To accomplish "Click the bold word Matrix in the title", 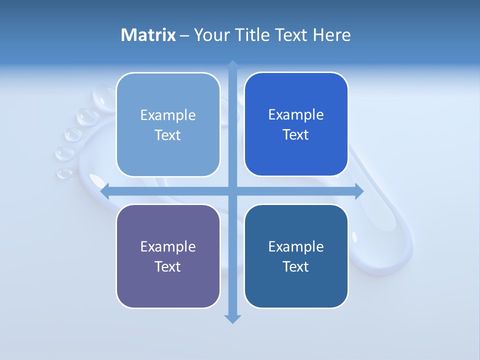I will (148, 35).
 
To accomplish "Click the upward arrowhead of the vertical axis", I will (232, 65).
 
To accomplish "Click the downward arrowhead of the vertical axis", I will (232, 318).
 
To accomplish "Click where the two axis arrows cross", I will (232, 191).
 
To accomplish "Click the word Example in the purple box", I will (168, 246).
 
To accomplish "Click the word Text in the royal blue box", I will (296, 135).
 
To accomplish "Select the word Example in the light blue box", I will (168, 115).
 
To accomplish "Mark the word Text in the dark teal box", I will (296, 266).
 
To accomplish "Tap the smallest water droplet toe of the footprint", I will (64, 173).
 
